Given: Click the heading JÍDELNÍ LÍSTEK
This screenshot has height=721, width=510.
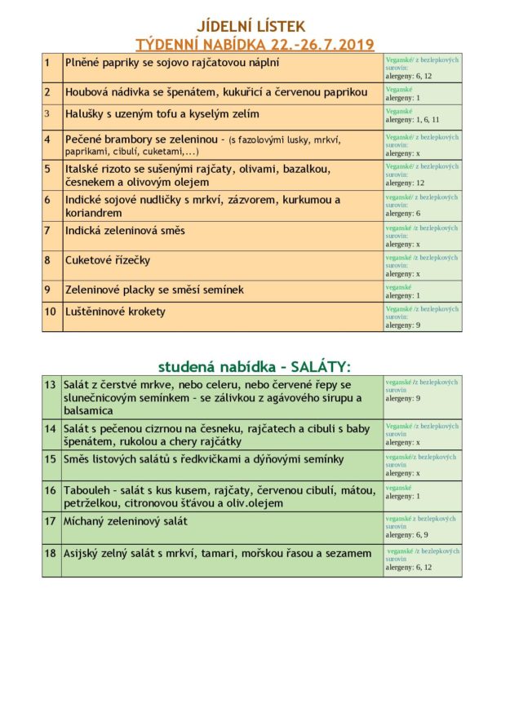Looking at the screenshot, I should click(x=251, y=26).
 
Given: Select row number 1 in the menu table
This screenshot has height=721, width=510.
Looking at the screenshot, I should click(x=48, y=63).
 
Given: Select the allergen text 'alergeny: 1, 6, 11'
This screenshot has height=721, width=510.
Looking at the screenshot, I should click(x=412, y=119).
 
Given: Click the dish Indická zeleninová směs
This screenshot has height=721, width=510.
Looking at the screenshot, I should click(x=125, y=231).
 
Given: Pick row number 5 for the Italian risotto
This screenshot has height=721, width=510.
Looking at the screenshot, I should click(x=48, y=170).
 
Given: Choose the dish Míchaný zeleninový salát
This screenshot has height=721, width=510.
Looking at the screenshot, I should click(x=126, y=521).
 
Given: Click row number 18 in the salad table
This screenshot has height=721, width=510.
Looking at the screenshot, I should click(x=51, y=553).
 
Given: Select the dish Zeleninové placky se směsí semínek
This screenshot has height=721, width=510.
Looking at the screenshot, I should click(x=154, y=290).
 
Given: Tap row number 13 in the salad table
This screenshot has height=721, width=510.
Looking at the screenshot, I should click(x=51, y=384).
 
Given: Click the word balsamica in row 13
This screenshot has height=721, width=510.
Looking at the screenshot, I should click(x=89, y=411).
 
